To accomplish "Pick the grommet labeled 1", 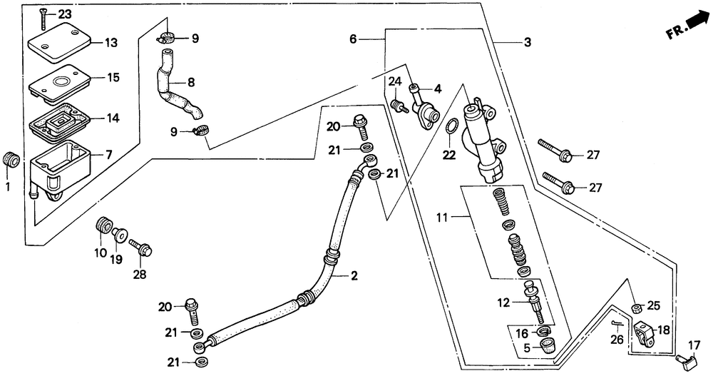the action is [x=11, y=159].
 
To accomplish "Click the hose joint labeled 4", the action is [x=425, y=109].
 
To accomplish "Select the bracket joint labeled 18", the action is [x=643, y=332].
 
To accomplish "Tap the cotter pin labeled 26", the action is [x=617, y=324].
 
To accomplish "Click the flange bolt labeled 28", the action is [x=140, y=246].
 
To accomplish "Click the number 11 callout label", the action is [x=443, y=218].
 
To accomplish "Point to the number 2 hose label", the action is [x=354, y=275].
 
